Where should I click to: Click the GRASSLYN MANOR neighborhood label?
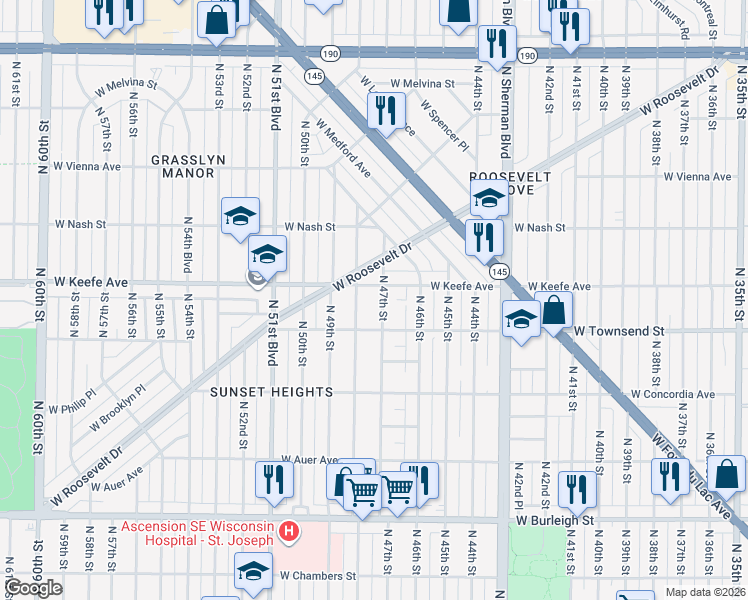(182, 166)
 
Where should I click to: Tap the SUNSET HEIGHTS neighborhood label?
(271, 392)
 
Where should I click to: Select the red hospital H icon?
(289, 529)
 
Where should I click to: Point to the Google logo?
(33, 588)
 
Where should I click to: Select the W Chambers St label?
(317, 576)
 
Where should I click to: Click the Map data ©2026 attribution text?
(704, 592)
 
